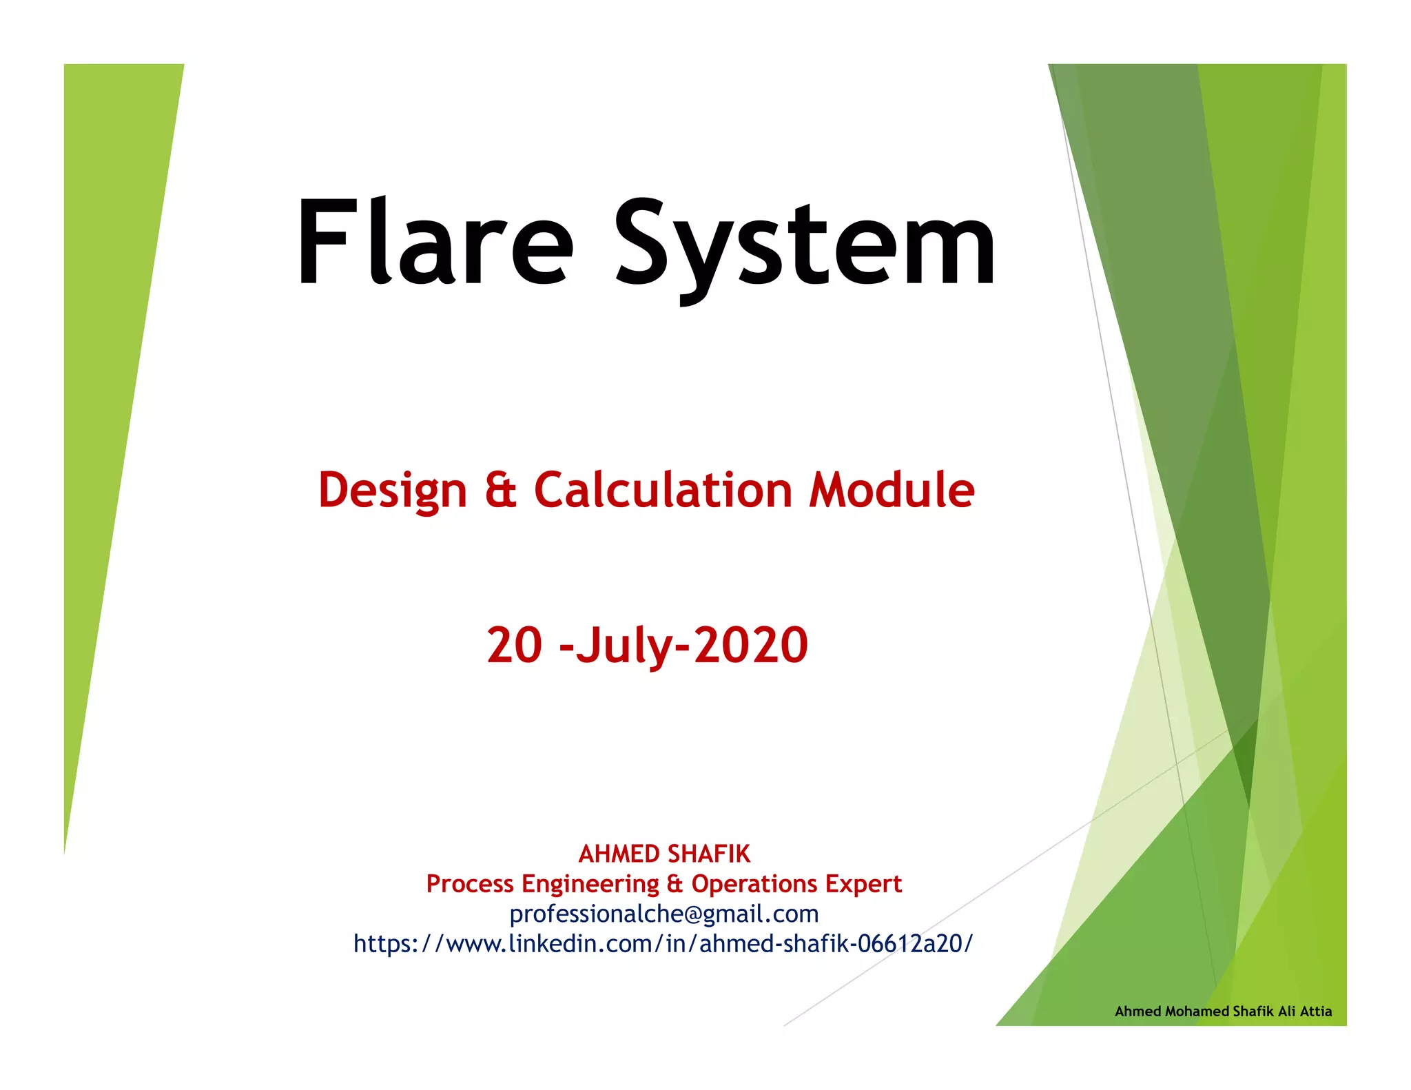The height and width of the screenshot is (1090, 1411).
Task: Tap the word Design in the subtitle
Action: pyautogui.click(x=392, y=491)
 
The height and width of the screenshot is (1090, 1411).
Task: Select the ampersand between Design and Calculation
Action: pyautogui.click(x=500, y=491)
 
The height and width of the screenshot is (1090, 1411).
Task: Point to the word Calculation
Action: pyautogui.click(x=663, y=491)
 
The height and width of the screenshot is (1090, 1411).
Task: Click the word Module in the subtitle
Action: pyautogui.click(x=892, y=491)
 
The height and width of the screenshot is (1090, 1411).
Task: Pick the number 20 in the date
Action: pyautogui.click(x=514, y=646)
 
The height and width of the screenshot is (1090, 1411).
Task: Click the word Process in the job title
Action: pyautogui.click(x=470, y=884)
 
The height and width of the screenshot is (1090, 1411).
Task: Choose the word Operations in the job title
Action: pyautogui.click(x=755, y=884)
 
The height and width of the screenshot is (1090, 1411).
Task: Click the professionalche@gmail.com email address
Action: pyautogui.click(x=664, y=914)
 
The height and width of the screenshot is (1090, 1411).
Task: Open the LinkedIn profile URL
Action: pyautogui.click(x=663, y=943)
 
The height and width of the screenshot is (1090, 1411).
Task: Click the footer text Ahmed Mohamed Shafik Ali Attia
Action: pyautogui.click(x=1223, y=1011)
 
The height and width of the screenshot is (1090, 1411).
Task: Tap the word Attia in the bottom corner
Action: pyautogui.click(x=1316, y=1011)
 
